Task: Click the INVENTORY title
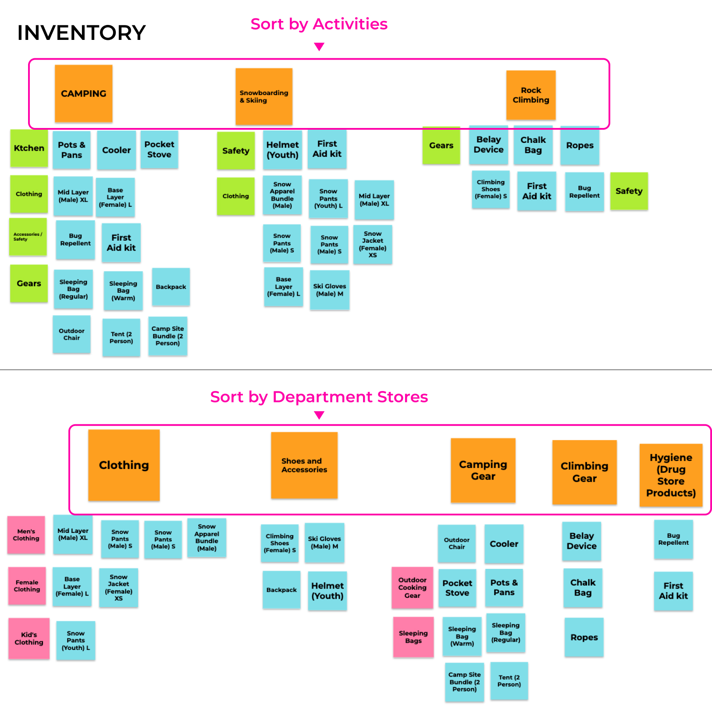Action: [82, 33]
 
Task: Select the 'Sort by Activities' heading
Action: [319, 24]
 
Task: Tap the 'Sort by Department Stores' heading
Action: [319, 397]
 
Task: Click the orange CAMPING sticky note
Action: [83, 93]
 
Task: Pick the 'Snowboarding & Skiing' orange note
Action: [264, 96]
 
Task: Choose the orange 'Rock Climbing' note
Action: [531, 95]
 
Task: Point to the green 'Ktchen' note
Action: [29, 148]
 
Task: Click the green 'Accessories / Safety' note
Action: [28, 237]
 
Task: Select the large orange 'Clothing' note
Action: [124, 465]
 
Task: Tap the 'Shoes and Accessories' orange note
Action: [304, 465]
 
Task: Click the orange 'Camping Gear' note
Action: [483, 470]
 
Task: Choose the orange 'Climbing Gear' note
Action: [584, 472]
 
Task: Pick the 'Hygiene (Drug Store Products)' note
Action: [671, 475]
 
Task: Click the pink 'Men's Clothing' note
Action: [26, 535]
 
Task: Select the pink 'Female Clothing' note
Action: [27, 586]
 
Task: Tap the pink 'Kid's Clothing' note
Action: [29, 639]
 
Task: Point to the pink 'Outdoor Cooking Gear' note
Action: [412, 588]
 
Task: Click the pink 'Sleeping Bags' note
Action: [413, 637]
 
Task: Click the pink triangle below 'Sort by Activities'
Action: [319, 46]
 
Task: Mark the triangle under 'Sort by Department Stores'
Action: [319, 415]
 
